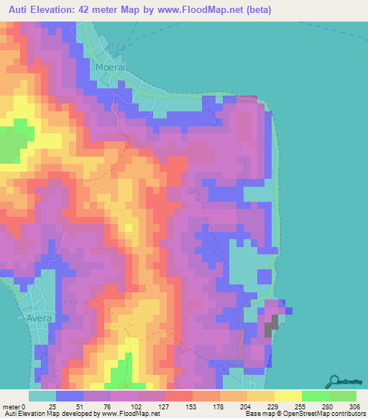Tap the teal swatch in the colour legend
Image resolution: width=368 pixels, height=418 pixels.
point(42,396)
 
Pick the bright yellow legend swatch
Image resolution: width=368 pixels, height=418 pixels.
point(288,396)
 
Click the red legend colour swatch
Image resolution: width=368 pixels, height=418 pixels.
point(179,396)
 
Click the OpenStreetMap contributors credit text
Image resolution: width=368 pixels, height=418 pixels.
point(320,414)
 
